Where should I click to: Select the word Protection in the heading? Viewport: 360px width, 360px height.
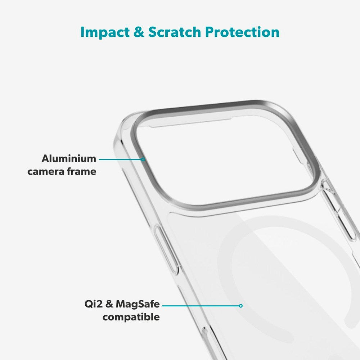pos(242,32)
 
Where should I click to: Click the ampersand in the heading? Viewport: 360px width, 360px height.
pos(139,32)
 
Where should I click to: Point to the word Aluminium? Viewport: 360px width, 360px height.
pos(69,158)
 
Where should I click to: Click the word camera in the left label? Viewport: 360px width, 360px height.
pos(46,171)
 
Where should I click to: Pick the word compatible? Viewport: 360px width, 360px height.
pos(131,317)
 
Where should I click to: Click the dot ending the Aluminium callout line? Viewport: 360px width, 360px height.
pos(143,159)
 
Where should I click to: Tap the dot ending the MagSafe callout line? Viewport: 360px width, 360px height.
pos(241,306)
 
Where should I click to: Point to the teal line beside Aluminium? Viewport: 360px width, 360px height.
pos(121,159)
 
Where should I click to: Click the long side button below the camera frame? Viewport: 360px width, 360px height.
pos(167,248)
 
